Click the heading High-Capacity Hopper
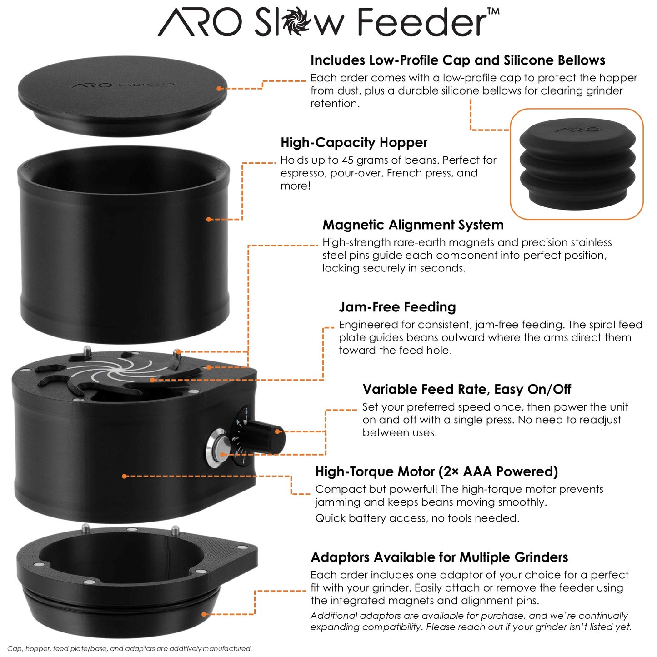(x=354, y=143)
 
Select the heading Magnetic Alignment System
(x=413, y=225)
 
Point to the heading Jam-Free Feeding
(x=397, y=307)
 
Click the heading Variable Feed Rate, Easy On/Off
(x=466, y=390)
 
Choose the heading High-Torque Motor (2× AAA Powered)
(x=436, y=472)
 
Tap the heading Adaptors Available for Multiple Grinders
(x=439, y=557)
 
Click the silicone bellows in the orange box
(x=577, y=164)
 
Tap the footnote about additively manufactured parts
(x=130, y=649)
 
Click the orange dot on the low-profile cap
(x=219, y=89)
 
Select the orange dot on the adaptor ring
(x=204, y=614)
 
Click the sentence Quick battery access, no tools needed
(x=417, y=518)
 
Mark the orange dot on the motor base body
(x=124, y=476)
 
